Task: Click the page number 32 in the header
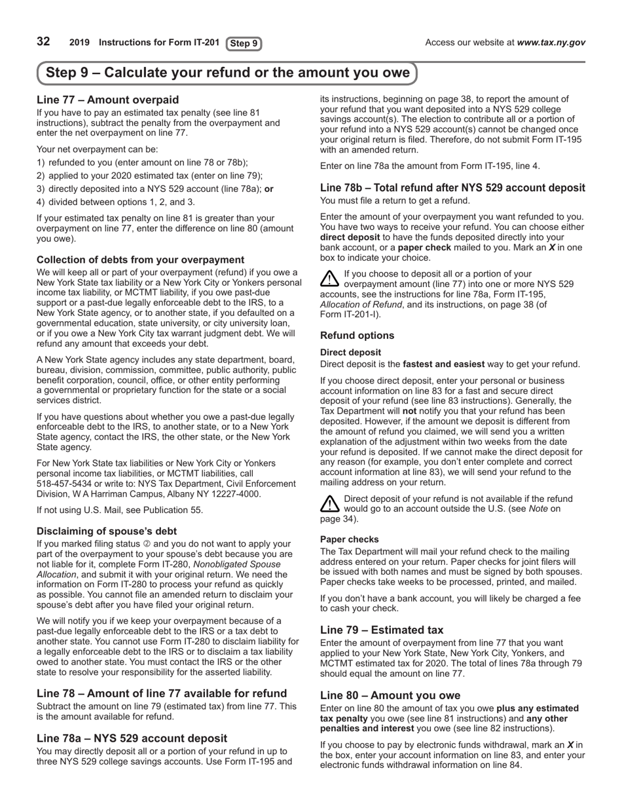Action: pyautogui.click(x=43, y=42)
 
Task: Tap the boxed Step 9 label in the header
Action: pyautogui.click(x=244, y=44)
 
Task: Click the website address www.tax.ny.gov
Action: pyautogui.click(x=551, y=43)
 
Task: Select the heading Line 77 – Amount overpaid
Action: pyautogui.click(x=107, y=100)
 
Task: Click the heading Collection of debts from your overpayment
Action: pyautogui.click(x=140, y=259)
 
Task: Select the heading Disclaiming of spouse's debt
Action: pyautogui.click(x=106, y=531)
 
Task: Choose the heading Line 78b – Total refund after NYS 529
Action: pyautogui.click(x=452, y=188)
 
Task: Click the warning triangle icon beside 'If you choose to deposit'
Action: pyautogui.click(x=330, y=278)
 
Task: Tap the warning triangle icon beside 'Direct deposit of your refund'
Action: pyautogui.click(x=330, y=503)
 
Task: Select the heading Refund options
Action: pyautogui.click(x=357, y=336)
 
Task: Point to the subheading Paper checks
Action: pyautogui.click(x=349, y=539)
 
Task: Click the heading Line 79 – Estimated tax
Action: pyautogui.click(x=381, y=630)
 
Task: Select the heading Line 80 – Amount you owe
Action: pyautogui.click(x=390, y=695)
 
